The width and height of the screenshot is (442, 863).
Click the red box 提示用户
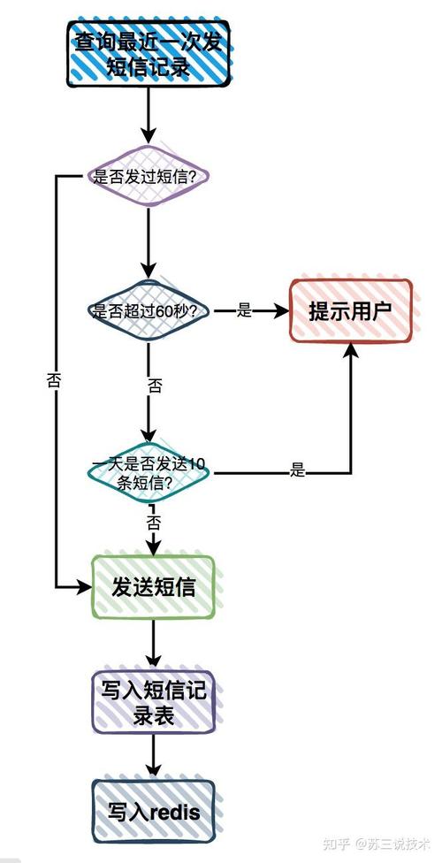click(x=351, y=311)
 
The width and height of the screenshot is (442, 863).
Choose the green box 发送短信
click(x=153, y=586)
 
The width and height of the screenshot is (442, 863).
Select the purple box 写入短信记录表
click(x=153, y=702)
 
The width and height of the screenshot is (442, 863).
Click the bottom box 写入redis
click(x=153, y=811)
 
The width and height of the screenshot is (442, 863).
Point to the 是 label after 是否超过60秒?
click(x=245, y=311)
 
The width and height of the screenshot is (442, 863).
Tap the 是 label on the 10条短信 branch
click(x=297, y=471)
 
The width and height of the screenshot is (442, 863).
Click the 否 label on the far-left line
click(x=54, y=381)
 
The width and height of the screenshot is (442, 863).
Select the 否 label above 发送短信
click(x=153, y=522)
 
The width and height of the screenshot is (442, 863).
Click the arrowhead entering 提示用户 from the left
click(x=282, y=311)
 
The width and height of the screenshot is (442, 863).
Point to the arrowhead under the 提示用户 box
click(x=352, y=350)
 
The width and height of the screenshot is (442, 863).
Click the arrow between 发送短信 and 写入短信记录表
click(x=153, y=644)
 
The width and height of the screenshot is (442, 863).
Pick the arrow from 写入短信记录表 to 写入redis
click(x=153, y=757)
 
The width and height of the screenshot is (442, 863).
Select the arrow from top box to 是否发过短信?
click(x=148, y=115)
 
